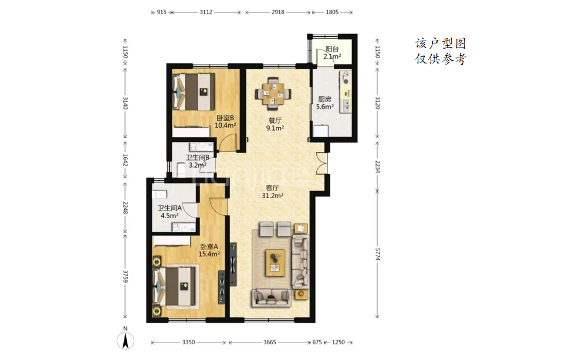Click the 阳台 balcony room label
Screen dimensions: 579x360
point(332,53)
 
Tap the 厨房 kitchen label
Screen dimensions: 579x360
point(324,103)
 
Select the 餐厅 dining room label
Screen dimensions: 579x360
point(275,124)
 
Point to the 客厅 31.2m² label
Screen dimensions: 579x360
point(273,192)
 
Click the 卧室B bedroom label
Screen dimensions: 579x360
point(225,122)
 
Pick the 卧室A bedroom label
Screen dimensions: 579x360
point(209,250)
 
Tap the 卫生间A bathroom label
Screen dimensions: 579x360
point(170,212)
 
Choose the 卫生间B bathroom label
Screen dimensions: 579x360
point(198,161)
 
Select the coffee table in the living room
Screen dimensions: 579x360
point(276,263)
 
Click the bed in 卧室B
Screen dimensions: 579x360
point(194,91)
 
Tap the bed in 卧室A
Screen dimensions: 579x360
point(175,287)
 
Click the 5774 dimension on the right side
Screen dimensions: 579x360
point(377,254)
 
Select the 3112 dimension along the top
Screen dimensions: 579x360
point(206,12)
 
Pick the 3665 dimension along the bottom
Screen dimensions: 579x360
point(270,342)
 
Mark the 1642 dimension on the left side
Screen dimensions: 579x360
point(125,160)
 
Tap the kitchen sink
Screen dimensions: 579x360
point(346,106)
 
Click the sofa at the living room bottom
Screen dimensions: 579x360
point(272,298)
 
